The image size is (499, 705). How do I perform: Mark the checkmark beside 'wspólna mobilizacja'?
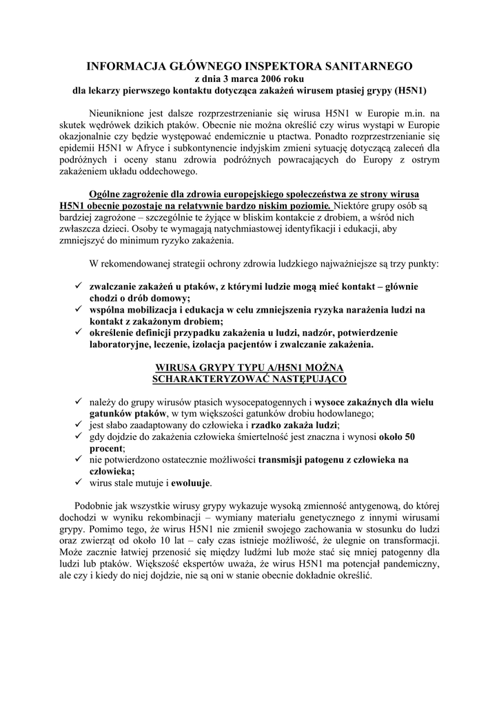click(x=80, y=310)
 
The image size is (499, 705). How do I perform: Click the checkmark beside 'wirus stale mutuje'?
click(x=80, y=482)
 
